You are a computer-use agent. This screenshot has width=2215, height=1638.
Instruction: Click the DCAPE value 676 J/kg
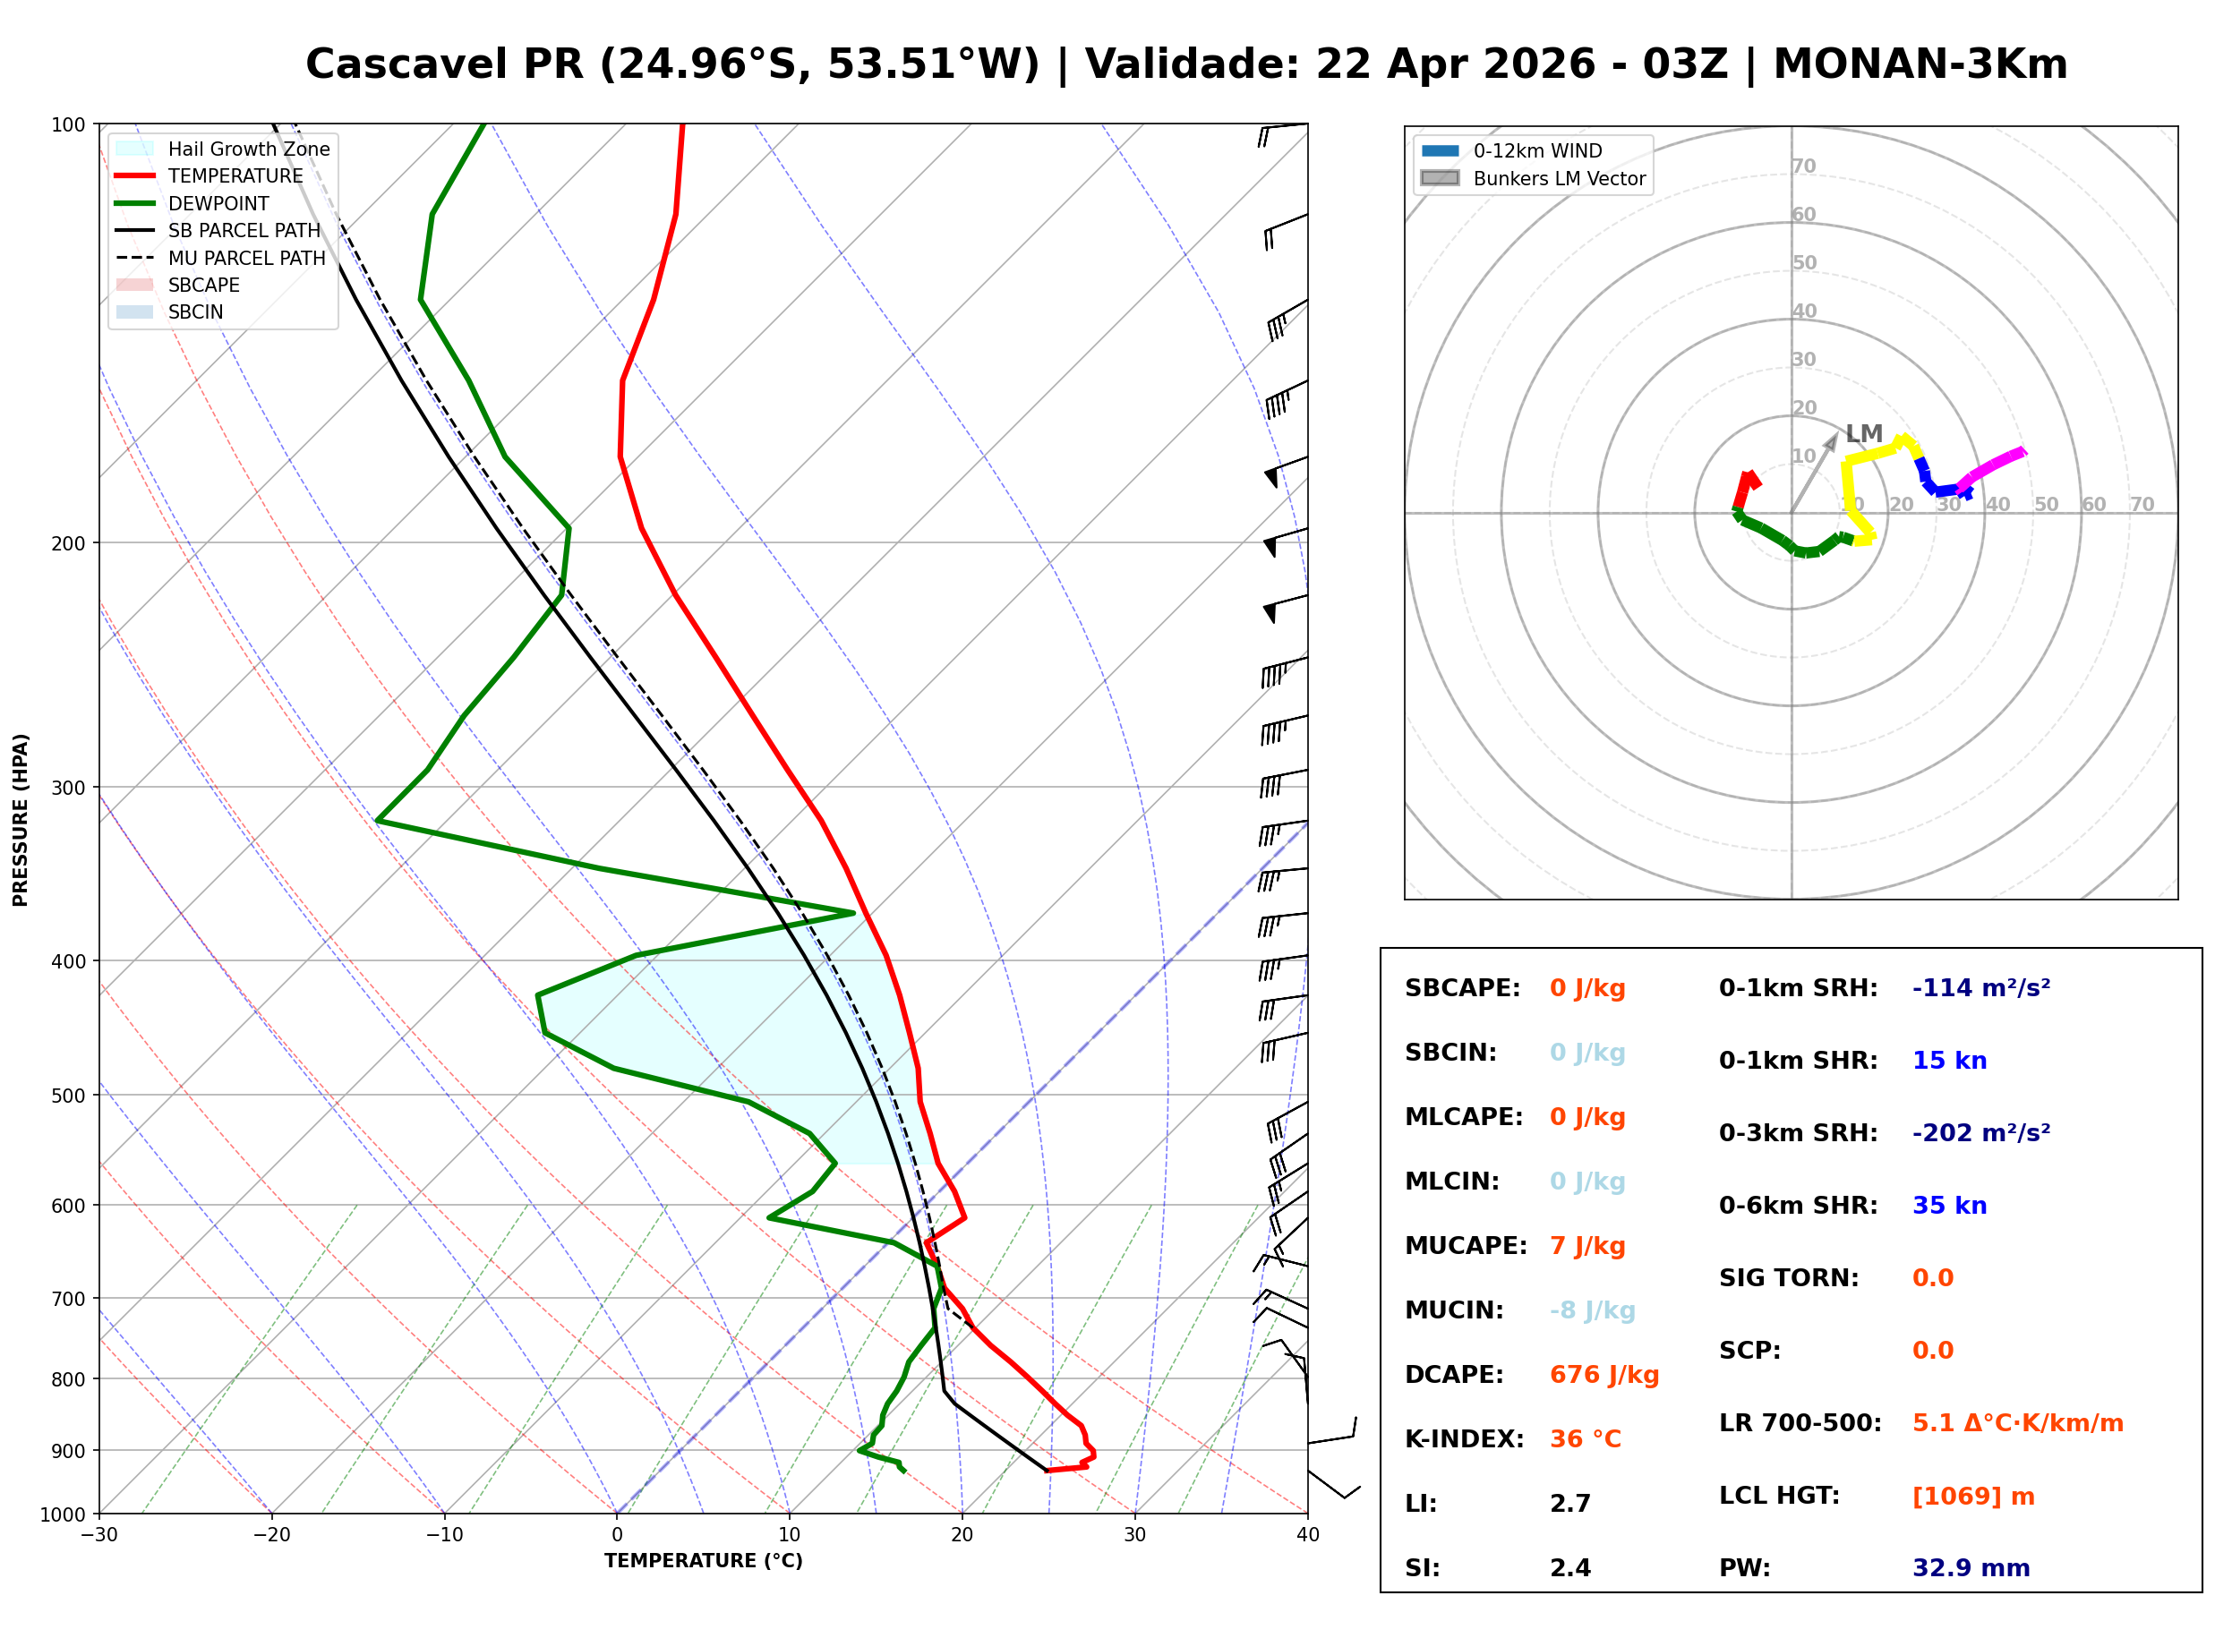[x=1604, y=1375]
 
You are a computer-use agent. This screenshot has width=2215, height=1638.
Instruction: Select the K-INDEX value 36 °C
[x=1585, y=1439]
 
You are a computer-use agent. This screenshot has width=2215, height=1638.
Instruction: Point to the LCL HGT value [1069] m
[x=1972, y=1497]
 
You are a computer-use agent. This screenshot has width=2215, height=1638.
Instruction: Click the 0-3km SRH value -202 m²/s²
[x=1980, y=1133]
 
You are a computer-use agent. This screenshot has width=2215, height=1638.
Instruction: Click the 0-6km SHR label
[x=1798, y=1206]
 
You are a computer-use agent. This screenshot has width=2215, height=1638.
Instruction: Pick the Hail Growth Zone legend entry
[x=248, y=149]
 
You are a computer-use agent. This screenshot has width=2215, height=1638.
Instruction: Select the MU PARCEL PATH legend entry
[x=246, y=258]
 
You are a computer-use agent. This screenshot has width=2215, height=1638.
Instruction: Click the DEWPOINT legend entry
[x=218, y=203]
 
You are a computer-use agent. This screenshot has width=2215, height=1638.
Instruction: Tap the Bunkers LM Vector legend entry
[x=1558, y=178]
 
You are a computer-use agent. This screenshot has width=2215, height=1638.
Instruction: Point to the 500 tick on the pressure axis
[x=68, y=1096]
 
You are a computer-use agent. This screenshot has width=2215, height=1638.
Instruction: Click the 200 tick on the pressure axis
[x=68, y=543]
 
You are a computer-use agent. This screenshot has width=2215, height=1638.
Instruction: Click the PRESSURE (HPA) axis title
[x=21, y=820]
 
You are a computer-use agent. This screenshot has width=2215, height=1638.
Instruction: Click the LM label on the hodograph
[x=1863, y=434]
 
